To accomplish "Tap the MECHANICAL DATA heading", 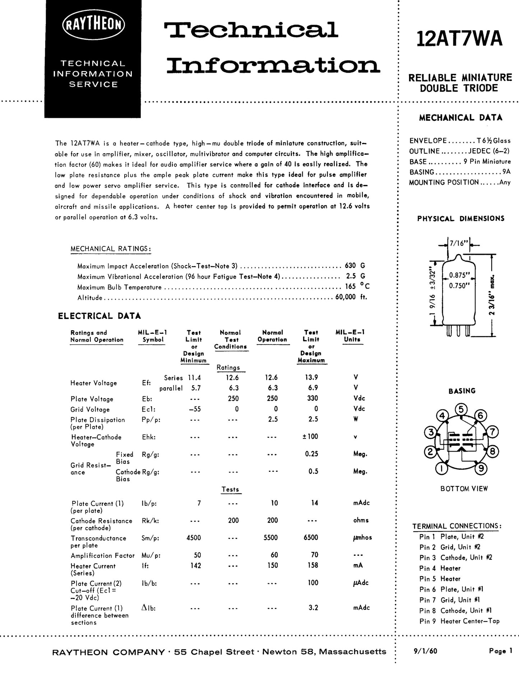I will click(460, 118).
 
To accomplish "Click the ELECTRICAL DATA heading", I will click(99, 316).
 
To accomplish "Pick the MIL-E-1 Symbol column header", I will click(153, 336).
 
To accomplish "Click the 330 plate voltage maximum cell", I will click(312, 398).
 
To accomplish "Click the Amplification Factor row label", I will click(102, 555).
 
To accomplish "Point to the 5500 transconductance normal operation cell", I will click(270, 537).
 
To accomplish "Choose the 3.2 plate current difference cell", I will click(313, 608).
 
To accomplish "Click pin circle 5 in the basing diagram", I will click(461, 409).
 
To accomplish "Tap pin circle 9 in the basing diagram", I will click(481, 468).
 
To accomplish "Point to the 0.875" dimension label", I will click(459, 276).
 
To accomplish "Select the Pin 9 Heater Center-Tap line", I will click(459, 621).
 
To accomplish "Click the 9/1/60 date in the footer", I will click(426, 651).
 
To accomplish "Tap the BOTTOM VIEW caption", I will click(464, 488).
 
